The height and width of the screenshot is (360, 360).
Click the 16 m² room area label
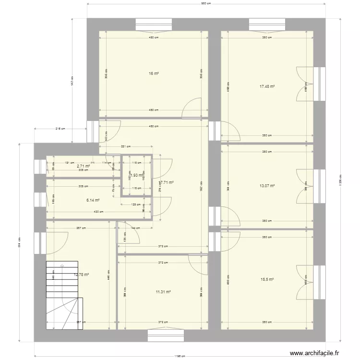click(x=154, y=73)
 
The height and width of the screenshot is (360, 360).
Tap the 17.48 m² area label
click(x=267, y=86)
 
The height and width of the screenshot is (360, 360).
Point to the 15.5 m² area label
click(x=267, y=279)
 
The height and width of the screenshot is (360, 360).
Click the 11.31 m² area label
click(x=163, y=291)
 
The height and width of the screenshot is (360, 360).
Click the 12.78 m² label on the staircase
click(x=82, y=275)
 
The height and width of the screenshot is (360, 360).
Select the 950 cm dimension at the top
click(x=206, y=4)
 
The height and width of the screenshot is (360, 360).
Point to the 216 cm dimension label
click(x=60, y=129)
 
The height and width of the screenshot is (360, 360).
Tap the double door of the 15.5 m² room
click(x=305, y=278)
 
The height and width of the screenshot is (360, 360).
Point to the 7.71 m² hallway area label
click(x=167, y=182)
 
